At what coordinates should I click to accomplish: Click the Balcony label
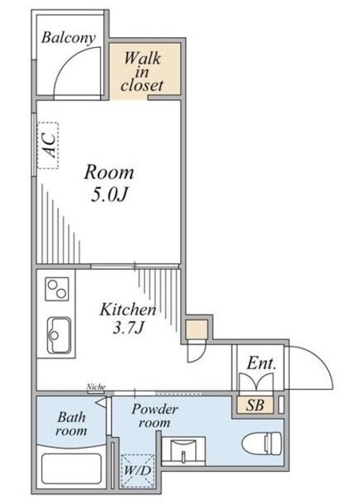point(69,38)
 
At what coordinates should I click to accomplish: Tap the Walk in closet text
point(142,72)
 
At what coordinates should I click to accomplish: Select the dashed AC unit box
point(48,145)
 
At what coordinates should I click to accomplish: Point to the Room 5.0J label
point(109,183)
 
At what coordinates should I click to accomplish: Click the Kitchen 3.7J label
point(128,318)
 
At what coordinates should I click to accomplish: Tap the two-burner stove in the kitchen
point(57,289)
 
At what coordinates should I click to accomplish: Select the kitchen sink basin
point(59,335)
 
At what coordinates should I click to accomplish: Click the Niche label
point(96,387)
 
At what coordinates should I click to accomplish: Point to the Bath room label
point(71,424)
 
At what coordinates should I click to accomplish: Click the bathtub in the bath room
point(72,468)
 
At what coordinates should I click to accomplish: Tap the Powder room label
point(154,416)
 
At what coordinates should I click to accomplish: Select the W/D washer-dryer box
point(138,471)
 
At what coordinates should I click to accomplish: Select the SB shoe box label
point(255,406)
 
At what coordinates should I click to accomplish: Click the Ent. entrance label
point(262,364)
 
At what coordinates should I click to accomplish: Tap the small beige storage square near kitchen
point(197,330)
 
